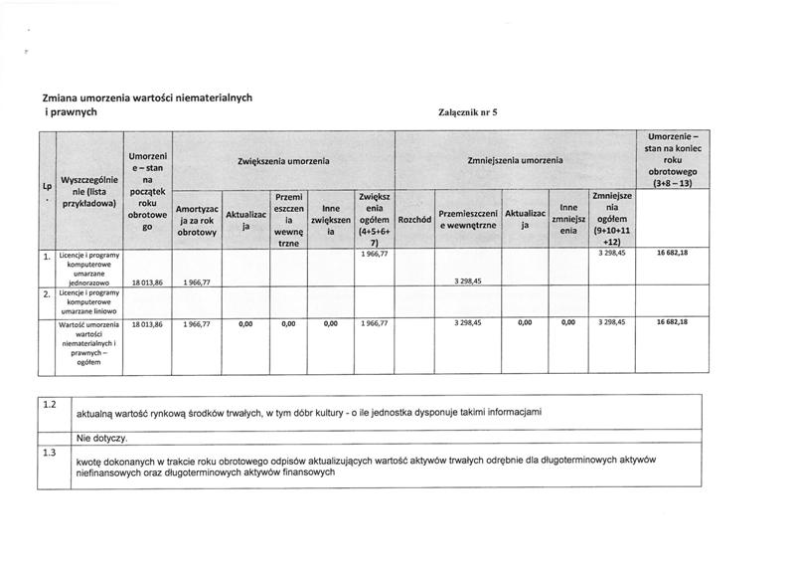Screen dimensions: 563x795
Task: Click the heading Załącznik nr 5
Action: pos(466,111)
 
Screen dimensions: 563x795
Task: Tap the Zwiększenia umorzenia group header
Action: pos(283,160)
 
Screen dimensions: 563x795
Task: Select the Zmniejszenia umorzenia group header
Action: pos(514,160)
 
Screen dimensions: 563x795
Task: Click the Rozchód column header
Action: pos(413,219)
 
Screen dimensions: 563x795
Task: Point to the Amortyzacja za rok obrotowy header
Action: pos(196,221)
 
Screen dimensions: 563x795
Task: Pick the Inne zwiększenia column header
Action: pos(332,220)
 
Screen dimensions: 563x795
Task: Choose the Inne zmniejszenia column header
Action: pos(567,220)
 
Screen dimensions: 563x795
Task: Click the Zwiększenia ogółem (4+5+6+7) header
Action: pos(375,220)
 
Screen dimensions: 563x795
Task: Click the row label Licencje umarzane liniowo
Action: pos(89,302)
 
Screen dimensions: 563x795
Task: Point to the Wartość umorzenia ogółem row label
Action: pos(89,345)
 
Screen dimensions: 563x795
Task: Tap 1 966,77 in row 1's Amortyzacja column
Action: pos(196,282)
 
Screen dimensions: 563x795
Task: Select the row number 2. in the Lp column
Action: pos(47,295)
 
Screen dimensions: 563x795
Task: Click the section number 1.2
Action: pos(51,403)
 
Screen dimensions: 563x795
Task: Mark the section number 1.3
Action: pos(51,454)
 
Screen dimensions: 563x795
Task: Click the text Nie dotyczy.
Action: pos(100,438)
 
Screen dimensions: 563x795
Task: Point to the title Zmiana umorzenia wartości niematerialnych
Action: pos(147,97)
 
